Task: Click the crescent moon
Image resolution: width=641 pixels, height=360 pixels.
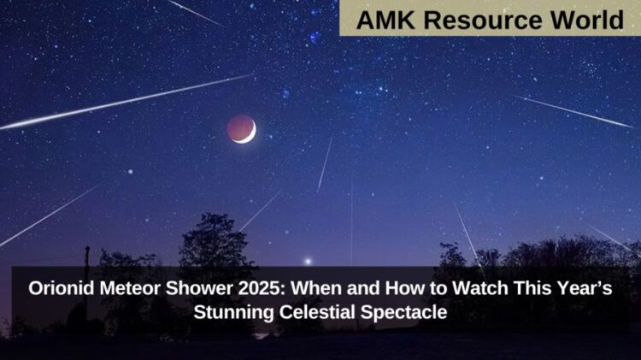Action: pyautogui.click(x=242, y=129)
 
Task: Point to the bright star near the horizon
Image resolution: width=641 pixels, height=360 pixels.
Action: pyautogui.click(x=308, y=260)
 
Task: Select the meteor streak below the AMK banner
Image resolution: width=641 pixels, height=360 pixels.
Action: pyautogui.click(x=573, y=111)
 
